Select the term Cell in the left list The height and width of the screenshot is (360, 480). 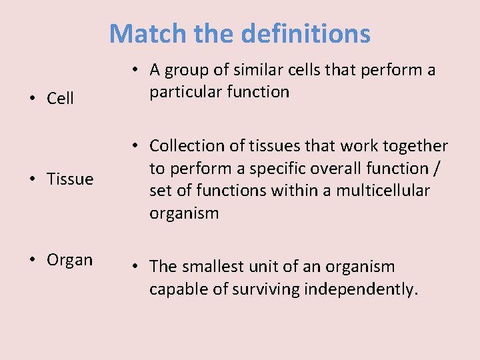tap(60, 99)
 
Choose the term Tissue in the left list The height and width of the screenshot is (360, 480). tap(70, 179)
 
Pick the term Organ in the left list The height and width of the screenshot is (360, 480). tap(69, 259)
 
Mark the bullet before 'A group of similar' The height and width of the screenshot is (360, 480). tap(135, 70)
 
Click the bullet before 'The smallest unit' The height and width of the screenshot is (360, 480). tap(135, 267)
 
